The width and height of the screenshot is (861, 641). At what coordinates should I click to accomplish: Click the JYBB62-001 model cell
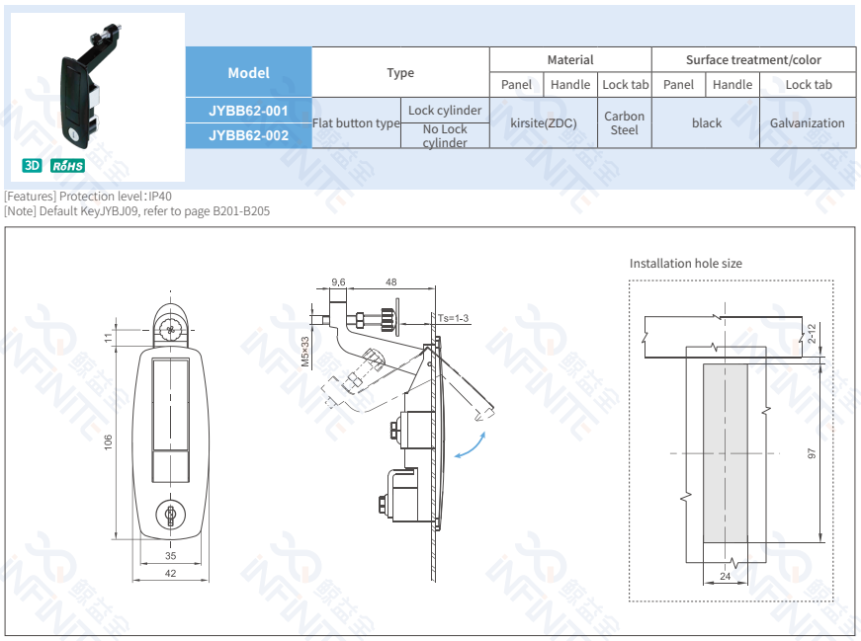click(x=248, y=111)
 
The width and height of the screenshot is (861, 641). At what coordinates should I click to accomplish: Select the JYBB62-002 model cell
click(x=248, y=135)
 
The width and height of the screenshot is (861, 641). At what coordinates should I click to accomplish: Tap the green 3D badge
click(x=32, y=165)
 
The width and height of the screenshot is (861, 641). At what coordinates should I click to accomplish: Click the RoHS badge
click(x=67, y=166)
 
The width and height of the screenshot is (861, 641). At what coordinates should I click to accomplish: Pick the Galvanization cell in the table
click(x=808, y=122)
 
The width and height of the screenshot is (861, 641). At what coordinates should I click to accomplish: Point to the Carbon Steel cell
click(x=625, y=122)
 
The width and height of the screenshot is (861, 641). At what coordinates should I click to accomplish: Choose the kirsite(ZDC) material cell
click(x=544, y=122)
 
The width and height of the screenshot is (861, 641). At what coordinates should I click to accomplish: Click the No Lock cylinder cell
click(x=445, y=135)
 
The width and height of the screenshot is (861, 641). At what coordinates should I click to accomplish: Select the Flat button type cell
click(x=356, y=122)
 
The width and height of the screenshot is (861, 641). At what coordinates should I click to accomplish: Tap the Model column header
click(x=248, y=72)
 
